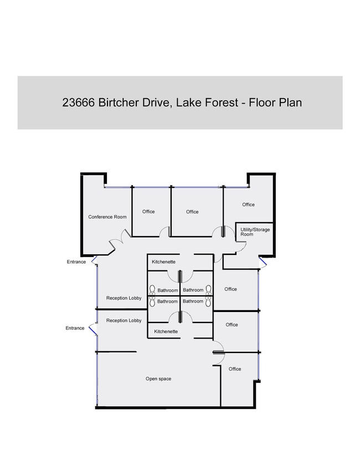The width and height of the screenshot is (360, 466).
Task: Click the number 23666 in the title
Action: [x=79, y=103]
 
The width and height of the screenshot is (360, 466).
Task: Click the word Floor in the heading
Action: [x=261, y=103]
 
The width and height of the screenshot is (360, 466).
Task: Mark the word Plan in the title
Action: [x=290, y=103]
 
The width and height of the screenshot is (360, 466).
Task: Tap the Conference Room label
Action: [x=107, y=217]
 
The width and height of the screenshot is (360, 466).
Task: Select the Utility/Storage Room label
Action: [x=255, y=232]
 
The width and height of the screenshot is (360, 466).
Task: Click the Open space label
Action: [x=158, y=379]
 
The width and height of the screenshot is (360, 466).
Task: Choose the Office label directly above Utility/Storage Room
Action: [x=248, y=205]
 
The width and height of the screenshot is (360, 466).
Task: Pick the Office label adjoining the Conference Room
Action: [x=148, y=212]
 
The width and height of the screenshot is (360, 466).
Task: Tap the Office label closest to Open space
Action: [x=235, y=369]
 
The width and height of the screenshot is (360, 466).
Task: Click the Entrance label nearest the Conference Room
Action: [x=76, y=262]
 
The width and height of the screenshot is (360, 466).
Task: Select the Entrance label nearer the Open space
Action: [x=75, y=328]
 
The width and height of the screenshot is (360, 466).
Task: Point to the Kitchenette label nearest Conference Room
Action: [x=164, y=262]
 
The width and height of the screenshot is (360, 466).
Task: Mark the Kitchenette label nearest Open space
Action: [x=166, y=331]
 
